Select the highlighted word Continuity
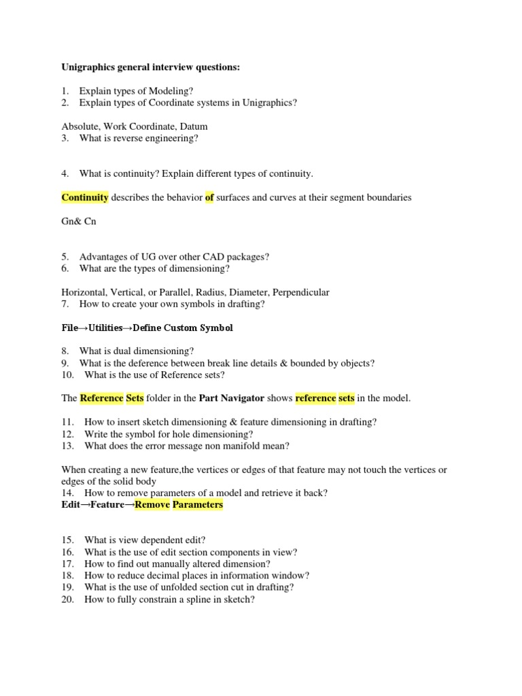[85, 198]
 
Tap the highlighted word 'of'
[209, 198]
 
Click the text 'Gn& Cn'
[79, 222]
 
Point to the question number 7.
[65, 304]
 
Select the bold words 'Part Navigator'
[231, 398]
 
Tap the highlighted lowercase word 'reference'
[315, 398]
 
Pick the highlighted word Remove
[152, 505]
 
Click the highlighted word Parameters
[198, 505]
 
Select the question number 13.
[67, 446]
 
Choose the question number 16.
[67, 552]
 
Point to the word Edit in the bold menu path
[71, 505]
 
